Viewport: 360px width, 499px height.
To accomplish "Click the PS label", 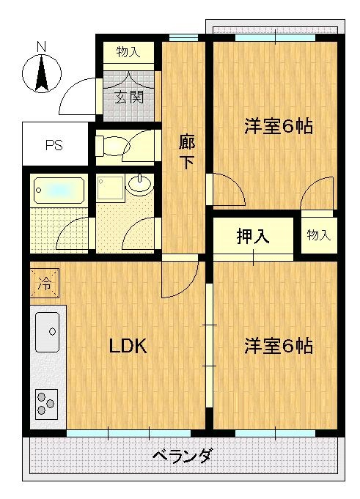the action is pyautogui.click(x=54, y=145).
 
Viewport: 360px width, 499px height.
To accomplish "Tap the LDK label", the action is pyautogui.click(x=128, y=346).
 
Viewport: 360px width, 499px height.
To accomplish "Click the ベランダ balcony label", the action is pyautogui.click(x=182, y=456).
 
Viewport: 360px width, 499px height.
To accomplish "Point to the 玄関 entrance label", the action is pyautogui.click(x=129, y=97).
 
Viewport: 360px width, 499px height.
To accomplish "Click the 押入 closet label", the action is pyautogui.click(x=253, y=236).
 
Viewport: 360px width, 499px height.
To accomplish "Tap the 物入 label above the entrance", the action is pyautogui.click(x=128, y=51).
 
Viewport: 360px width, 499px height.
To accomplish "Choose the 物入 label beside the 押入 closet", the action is pyautogui.click(x=319, y=235).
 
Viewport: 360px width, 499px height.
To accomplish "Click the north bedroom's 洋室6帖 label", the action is pyautogui.click(x=278, y=126).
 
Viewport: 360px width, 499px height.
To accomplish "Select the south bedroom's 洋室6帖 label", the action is pyautogui.click(x=278, y=346).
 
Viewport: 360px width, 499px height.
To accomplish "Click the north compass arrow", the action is pyautogui.click(x=42, y=73).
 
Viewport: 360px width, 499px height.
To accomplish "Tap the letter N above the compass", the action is pyautogui.click(x=41, y=47).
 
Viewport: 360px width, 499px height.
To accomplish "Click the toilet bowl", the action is pyautogui.click(x=114, y=147).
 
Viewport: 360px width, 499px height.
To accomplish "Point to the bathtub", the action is pyautogui.click(x=59, y=191).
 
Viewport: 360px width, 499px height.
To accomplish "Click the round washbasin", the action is pyautogui.click(x=140, y=184).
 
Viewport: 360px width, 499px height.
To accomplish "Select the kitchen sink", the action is pyautogui.click(x=47, y=332).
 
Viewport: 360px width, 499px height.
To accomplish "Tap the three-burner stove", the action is pyautogui.click(x=46, y=404).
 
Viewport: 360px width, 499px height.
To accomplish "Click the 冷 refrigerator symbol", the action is pyautogui.click(x=45, y=284).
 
